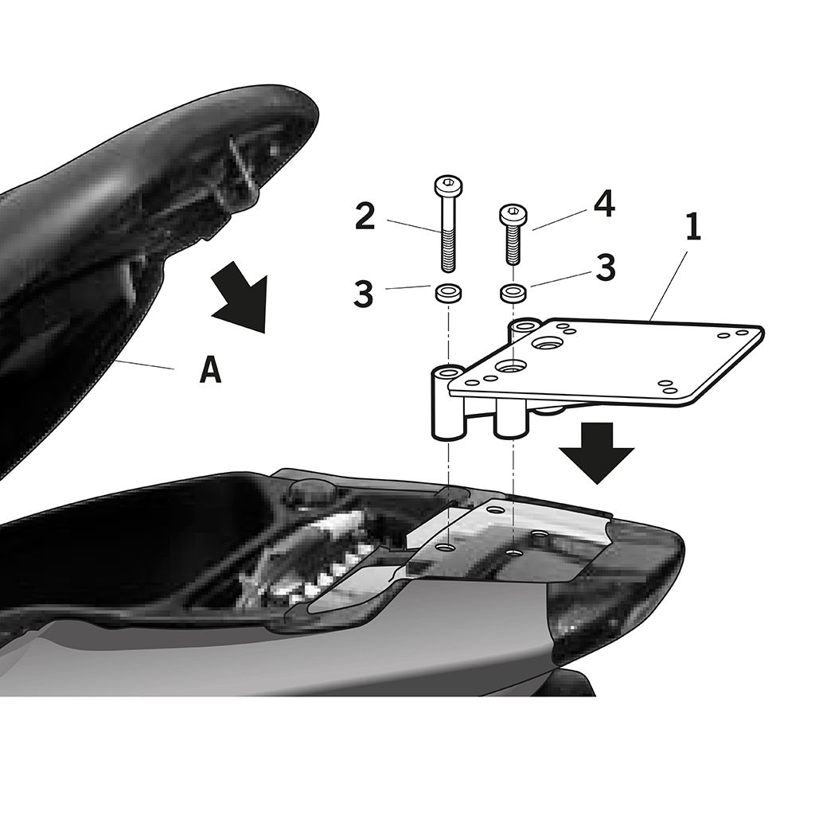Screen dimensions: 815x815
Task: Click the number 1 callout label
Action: coord(692,228)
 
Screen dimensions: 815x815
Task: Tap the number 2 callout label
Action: coord(365,217)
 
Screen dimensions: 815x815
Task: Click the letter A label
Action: coord(209,370)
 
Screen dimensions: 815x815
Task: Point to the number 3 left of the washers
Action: coord(363,293)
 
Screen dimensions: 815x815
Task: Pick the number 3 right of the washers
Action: coord(606,268)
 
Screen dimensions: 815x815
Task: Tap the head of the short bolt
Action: coord(511,213)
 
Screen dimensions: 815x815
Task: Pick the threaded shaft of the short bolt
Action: coord(512,245)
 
